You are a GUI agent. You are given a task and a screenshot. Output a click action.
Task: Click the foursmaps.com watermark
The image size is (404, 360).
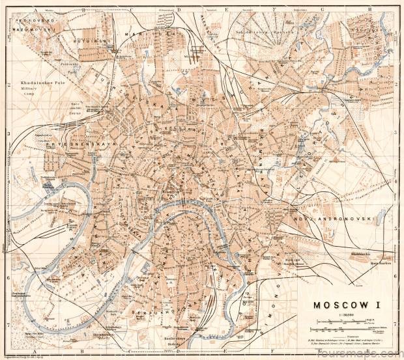[369, 352]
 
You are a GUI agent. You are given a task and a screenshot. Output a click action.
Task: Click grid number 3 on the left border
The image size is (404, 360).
[8, 134]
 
